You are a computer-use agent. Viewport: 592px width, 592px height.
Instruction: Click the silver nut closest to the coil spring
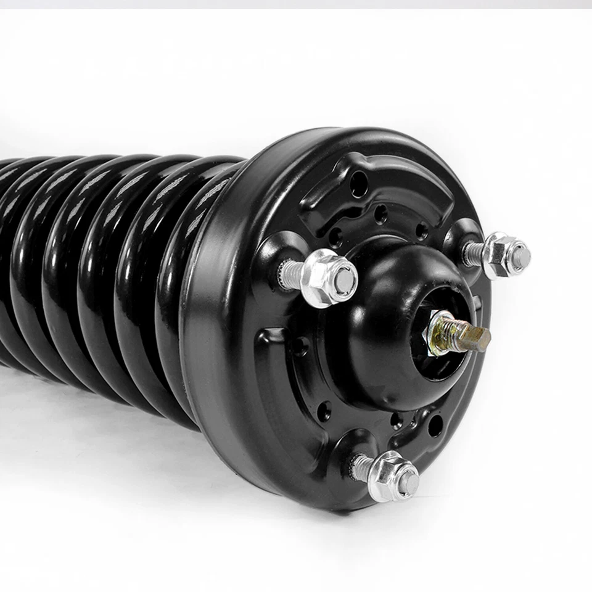(327, 279)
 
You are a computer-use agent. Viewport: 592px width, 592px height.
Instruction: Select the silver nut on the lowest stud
(392, 475)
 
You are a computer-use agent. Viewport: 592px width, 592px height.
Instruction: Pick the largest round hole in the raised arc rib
(359, 183)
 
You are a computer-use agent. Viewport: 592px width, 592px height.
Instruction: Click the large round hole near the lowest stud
(435, 425)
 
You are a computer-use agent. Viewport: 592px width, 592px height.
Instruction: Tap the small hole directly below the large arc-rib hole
(381, 213)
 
